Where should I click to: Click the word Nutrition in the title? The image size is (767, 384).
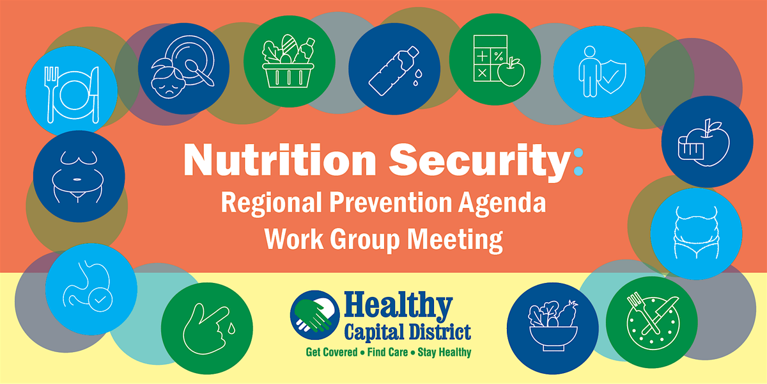(x=280, y=160)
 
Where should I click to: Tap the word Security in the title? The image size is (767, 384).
(x=479, y=162)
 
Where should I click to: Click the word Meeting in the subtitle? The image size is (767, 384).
(x=454, y=241)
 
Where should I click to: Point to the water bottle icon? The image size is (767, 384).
(x=394, y=69)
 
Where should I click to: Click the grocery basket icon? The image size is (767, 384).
(x=290, y=61)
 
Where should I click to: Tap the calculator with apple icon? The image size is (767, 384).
(x=495, y=60)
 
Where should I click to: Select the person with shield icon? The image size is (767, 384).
(x=600, y=72)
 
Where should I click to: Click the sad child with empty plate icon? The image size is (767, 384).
(x=184, y=68)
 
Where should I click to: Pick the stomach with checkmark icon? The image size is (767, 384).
(x=91, y=289)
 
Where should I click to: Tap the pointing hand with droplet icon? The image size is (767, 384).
(x=207, y=328)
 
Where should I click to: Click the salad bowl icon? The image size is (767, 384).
(x=553, y=328)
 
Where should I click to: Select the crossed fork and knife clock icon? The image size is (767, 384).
(x=652, y=323)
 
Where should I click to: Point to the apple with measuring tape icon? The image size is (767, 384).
(x=708, y=141)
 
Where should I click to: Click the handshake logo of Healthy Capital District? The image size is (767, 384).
(x=315, y=315)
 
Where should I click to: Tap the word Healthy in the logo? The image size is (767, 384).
(x=399, y=306)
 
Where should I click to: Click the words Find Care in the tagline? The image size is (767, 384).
(x=387, y=352)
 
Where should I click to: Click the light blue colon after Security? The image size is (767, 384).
(x=578, y=162)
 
